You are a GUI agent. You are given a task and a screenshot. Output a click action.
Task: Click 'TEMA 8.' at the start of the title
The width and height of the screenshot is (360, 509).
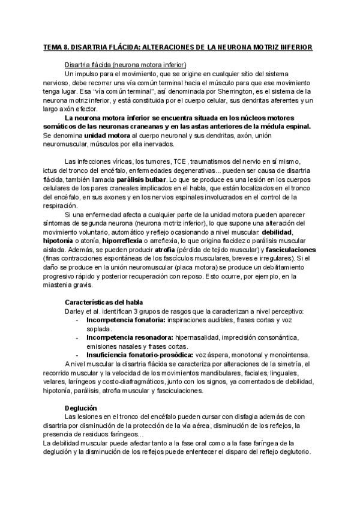coord(58,46)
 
